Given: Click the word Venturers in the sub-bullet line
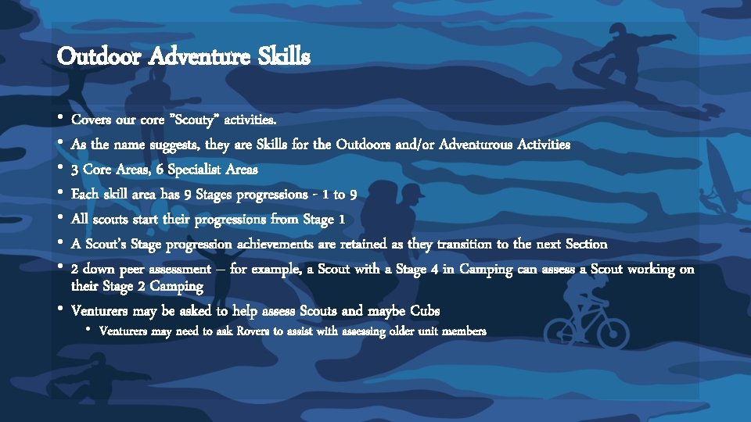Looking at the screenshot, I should tap(127, 331).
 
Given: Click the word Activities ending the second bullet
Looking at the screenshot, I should tap(546, 145).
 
